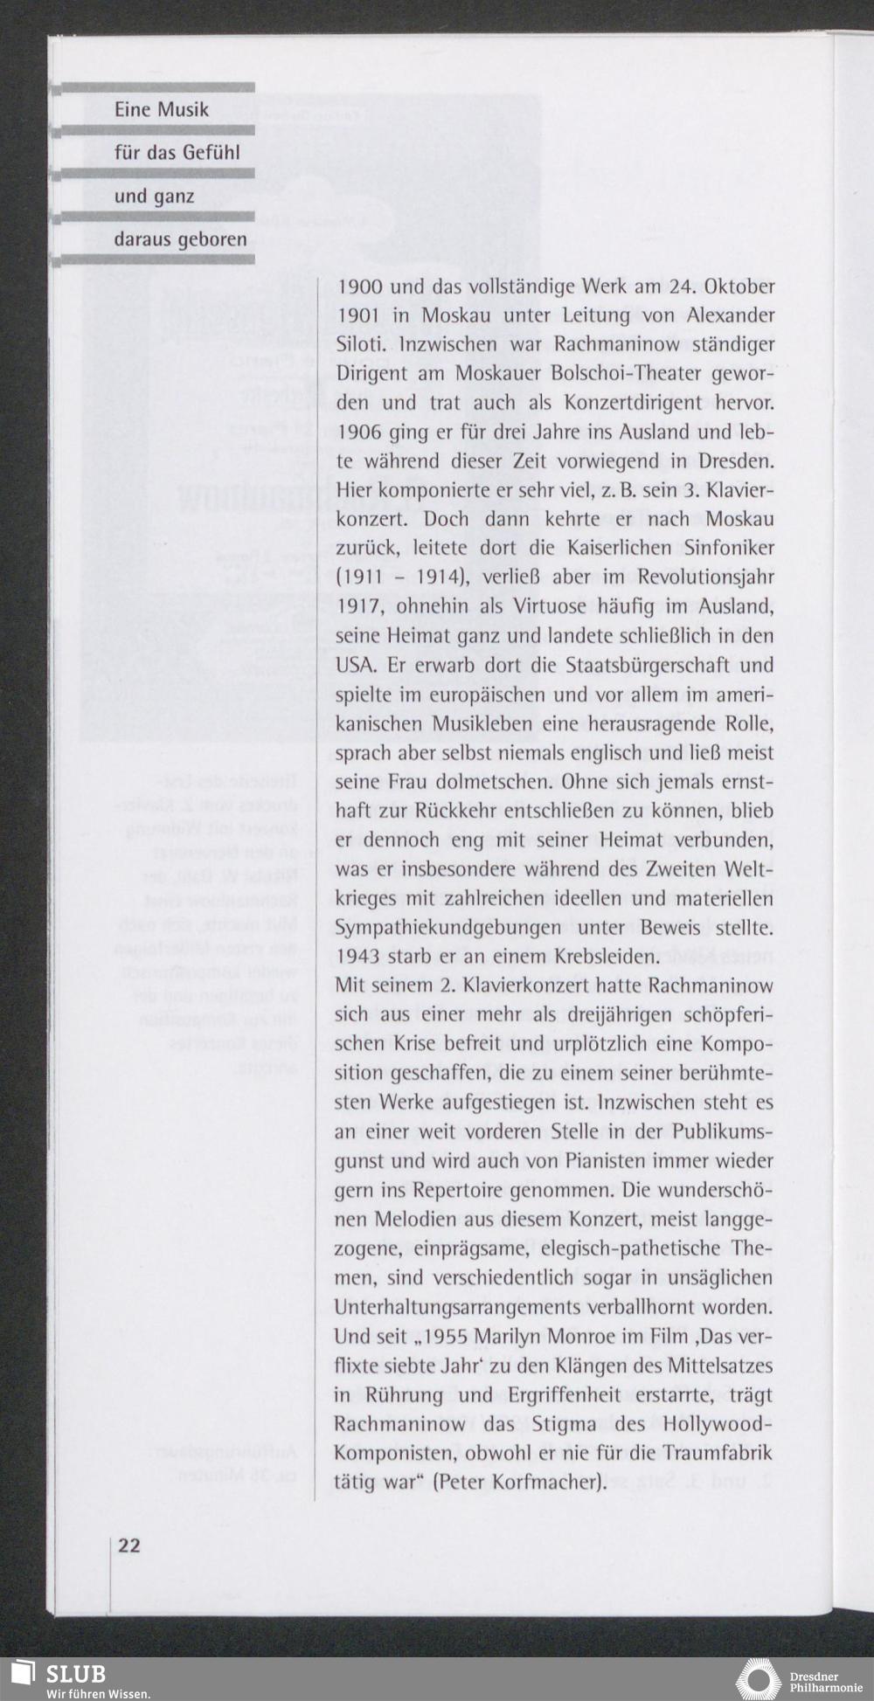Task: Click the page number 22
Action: [128, 1544]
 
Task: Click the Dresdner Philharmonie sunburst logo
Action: [759, 1680]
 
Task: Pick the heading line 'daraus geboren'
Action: [180, 239]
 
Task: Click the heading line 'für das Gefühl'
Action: [177, 153]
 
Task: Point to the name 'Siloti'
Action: [361, 344]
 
